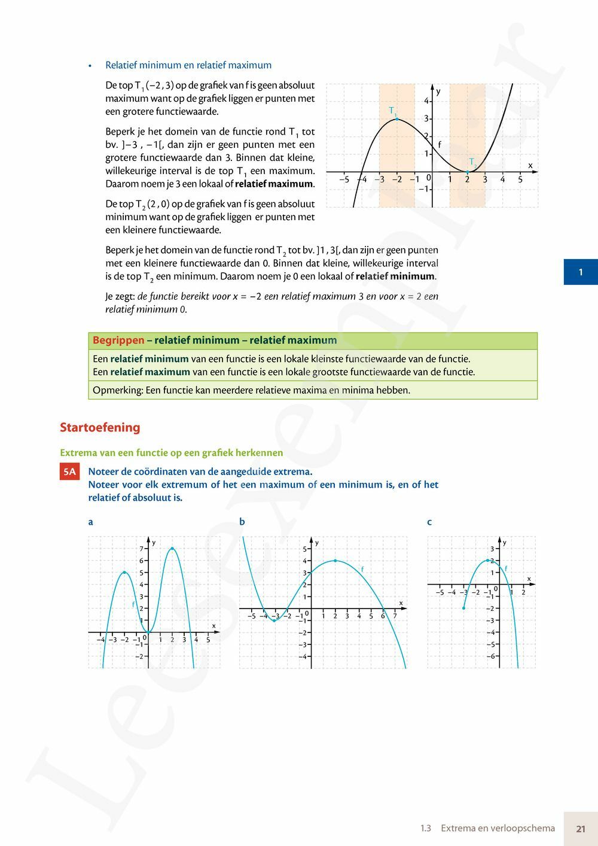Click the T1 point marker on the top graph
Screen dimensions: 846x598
[397, 119]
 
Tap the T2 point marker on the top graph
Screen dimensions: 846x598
[467, 172]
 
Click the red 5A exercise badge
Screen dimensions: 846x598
[69, 471]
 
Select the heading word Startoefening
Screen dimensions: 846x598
[100, 427]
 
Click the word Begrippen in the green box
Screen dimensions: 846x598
[118, 340]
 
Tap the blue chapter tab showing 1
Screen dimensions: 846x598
[581, 272]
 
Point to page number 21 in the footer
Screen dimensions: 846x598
[581, 829]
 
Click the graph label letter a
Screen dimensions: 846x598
[91, 522]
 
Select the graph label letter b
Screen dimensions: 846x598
[242, 522]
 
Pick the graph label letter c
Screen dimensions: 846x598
[429, 522]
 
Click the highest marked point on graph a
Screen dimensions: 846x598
[172, 548]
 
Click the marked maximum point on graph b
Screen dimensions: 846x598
[335, 561]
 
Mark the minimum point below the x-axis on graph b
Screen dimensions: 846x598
[274, 620]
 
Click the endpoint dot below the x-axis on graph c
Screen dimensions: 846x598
[463, 608]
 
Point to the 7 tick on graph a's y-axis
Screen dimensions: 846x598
[142, 549]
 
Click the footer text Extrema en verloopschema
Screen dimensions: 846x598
[498, 829]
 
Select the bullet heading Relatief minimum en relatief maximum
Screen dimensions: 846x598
[188, 65]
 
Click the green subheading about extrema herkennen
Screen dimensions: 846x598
[171, 453]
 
